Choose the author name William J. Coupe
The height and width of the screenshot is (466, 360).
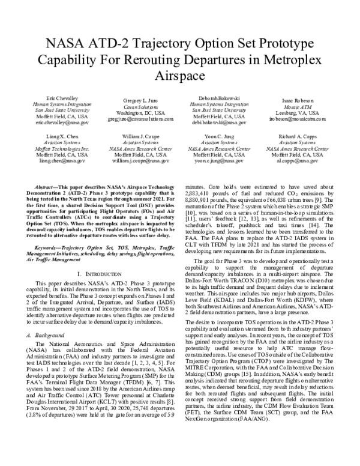140,137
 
